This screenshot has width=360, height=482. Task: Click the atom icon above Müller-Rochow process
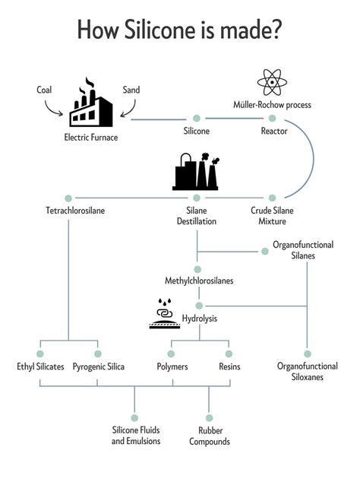(272, 82)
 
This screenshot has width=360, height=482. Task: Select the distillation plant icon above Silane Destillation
(196, 172)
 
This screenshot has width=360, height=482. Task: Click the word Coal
(44, 90)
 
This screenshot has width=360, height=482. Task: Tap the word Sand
(131, 90)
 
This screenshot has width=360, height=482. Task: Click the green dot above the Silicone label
(197, 119)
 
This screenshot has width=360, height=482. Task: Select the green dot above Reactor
(272, 119)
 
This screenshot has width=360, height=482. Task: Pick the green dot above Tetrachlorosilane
(68, 198)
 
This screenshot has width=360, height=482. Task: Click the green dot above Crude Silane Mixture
(272, 198)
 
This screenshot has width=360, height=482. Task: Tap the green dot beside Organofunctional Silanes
(265, 252)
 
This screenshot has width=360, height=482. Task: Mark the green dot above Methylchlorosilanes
(197, 270)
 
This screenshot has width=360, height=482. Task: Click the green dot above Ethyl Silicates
(40, 354)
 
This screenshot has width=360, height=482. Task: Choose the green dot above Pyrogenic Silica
(98, 354)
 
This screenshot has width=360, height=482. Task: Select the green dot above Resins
(229, 354)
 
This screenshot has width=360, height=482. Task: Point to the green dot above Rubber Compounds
(209, 418)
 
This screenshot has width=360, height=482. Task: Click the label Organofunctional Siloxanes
(307, 372)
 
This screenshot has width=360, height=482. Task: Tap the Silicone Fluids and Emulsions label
(136, 436)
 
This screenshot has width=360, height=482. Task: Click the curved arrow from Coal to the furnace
(53, 109)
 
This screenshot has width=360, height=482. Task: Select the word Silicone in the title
(160, 30)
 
